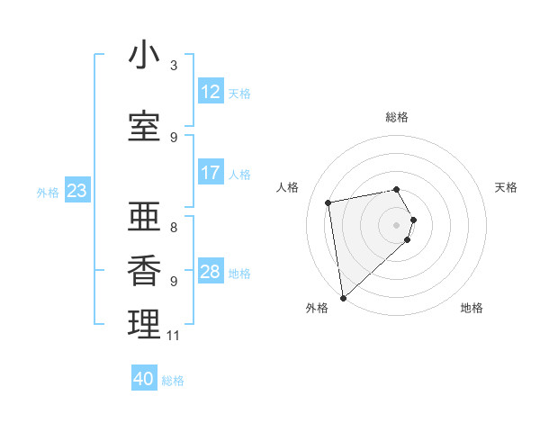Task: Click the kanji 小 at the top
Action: tap(144, 56)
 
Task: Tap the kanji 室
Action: tap(144, 127)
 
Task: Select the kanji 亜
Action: tap(144, 214)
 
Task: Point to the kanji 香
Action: tap(144, 270)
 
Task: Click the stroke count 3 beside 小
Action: tap(174, 66)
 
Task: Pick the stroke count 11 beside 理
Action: tap(174, 336)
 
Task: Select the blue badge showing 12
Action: tap(211, 92)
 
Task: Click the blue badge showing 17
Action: tap(211, 173)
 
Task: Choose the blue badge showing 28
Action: tap(211, 272)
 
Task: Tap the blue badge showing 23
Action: tap(76, 191)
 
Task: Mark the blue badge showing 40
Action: tap(144, 380)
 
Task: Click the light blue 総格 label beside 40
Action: tap(173, 381)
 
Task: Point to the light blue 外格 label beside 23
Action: tap(48, 192)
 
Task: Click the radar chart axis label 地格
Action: tap(472, 308)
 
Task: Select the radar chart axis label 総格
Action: tap(397, 117)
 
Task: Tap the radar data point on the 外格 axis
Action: tap(343, 296)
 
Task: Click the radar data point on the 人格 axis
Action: tap(329, 202)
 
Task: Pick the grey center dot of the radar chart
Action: tap(397, 224)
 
